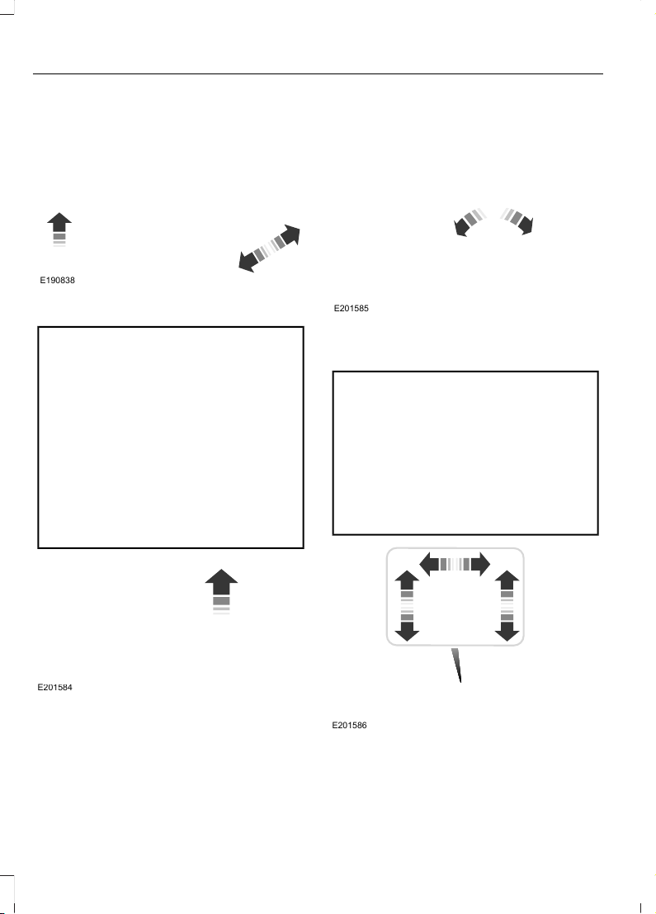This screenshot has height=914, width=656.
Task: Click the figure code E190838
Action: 57,281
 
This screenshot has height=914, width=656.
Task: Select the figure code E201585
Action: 351,308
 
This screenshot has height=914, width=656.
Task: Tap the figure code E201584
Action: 54,688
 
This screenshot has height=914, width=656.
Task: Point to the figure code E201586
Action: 349,726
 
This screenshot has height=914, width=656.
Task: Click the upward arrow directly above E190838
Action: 59,230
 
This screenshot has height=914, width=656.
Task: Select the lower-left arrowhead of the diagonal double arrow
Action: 248,262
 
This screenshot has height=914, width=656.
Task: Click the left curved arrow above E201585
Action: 469,221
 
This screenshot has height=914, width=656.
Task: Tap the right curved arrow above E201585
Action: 518,221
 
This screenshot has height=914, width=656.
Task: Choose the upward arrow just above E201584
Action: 221,591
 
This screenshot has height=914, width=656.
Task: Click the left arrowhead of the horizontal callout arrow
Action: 429,564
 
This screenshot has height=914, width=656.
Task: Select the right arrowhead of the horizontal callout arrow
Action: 480,564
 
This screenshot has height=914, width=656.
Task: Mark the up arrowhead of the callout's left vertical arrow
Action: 408,580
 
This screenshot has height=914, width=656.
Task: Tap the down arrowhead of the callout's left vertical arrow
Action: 408,632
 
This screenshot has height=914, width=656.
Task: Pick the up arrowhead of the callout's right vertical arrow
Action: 507,580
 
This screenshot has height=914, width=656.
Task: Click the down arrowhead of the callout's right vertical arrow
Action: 507,632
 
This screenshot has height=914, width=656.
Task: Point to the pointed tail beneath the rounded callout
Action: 456,665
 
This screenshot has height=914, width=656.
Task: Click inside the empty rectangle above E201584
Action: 171,438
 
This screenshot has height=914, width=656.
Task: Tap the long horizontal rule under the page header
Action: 318,74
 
